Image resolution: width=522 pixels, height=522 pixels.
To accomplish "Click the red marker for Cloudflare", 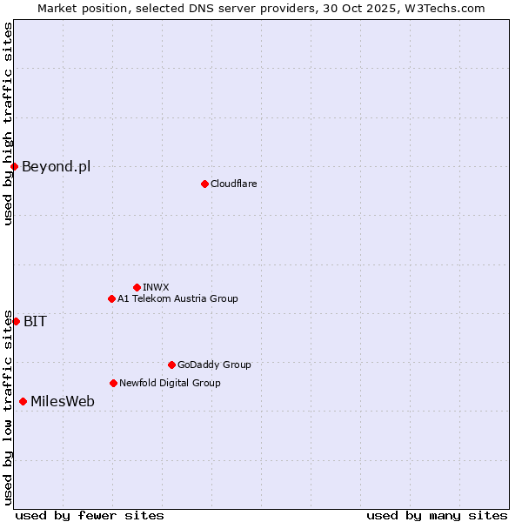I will coord(204,184).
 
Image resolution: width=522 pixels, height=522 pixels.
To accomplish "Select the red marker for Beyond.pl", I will coord(14,166).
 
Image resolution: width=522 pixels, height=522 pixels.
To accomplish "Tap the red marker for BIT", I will coord(16,321).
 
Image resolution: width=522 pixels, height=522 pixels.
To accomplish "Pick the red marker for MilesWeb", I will coord(23,401).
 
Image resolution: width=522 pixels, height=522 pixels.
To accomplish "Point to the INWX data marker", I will coord(137,287).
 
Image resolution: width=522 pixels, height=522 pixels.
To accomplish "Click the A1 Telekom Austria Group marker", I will coord(111,298).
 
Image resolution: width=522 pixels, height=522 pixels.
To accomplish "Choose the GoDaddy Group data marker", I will coord(171,365).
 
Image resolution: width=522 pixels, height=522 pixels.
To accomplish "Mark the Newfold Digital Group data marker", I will coord(113,383).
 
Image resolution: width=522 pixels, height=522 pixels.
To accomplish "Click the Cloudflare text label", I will coord(233,184).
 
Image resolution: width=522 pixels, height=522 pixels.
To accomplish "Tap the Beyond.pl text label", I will coord(56,166).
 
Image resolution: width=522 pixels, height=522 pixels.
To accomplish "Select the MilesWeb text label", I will coord(63,401).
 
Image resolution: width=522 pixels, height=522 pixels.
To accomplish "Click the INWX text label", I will coord(156,287).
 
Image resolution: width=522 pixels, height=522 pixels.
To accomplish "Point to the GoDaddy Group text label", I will coord(214,365).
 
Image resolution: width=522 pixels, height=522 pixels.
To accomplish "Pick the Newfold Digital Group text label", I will coord(170,383).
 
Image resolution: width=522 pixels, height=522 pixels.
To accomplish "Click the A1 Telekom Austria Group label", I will coord(177,298).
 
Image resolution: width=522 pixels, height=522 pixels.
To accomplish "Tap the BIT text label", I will coord(35,321).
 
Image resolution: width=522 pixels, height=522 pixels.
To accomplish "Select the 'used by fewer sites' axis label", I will coord(90,515).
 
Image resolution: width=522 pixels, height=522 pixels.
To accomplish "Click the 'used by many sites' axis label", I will coord(437,515).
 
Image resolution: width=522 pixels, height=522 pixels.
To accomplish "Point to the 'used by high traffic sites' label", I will coord(8,124).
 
